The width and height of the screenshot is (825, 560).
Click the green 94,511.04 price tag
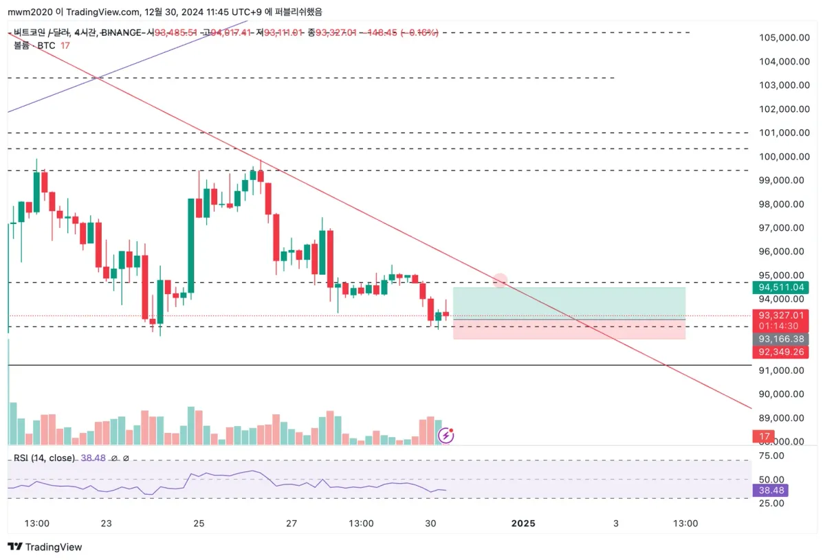780,287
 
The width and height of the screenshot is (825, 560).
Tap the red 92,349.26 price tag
780,352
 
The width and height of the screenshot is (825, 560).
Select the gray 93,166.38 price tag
780,339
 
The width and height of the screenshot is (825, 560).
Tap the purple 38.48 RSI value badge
769,491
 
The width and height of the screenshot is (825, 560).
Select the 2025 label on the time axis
523,523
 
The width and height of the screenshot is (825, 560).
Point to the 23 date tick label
106,523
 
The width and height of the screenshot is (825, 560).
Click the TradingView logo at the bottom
45,547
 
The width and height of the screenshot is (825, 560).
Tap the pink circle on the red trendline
500,280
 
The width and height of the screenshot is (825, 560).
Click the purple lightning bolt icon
445,435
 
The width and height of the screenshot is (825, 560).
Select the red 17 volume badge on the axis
762,436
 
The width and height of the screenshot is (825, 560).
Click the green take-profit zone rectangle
569,302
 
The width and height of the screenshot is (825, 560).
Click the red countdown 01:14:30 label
780,326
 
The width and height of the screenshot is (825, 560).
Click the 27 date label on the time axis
291,523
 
